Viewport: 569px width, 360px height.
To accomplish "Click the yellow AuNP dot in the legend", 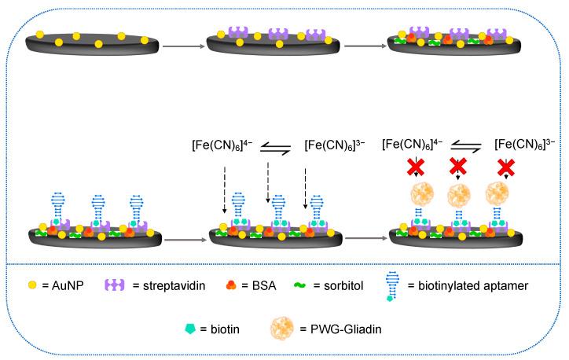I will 33,285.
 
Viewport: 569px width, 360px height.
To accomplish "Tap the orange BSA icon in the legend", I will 230,285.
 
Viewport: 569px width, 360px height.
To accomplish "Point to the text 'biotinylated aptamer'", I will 472,285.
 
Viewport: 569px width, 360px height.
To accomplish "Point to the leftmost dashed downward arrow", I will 225,189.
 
